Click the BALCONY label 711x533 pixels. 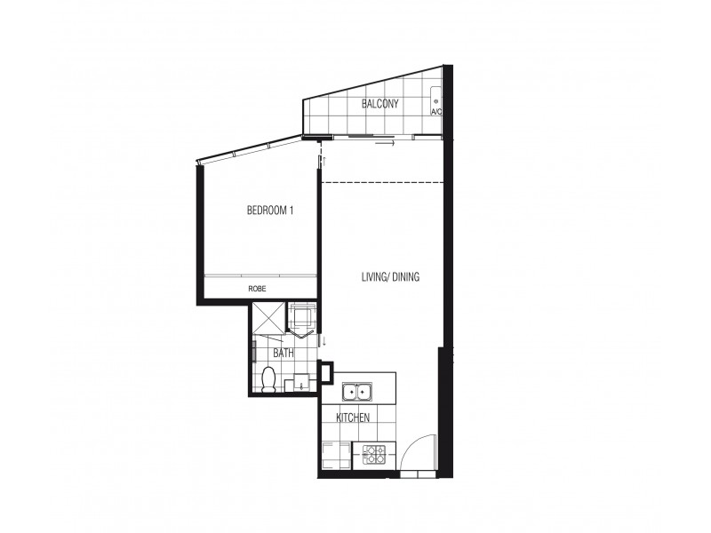pos(379,104)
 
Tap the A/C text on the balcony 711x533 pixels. pos(435,112)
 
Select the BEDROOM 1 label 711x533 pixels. pos(270,211)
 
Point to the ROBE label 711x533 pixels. pos(256,289)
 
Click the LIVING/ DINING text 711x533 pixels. pos(390,277)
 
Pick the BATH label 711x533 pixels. pos(284,353)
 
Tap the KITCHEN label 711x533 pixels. pos(353,418)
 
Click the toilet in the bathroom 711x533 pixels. pos(269,379)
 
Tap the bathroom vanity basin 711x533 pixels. pos(301,384)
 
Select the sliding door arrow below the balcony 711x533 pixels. pos(385,141)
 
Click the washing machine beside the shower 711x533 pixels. pos(301,320)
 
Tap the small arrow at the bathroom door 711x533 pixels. pos(324,341)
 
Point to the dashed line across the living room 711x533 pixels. pos(382,182)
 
